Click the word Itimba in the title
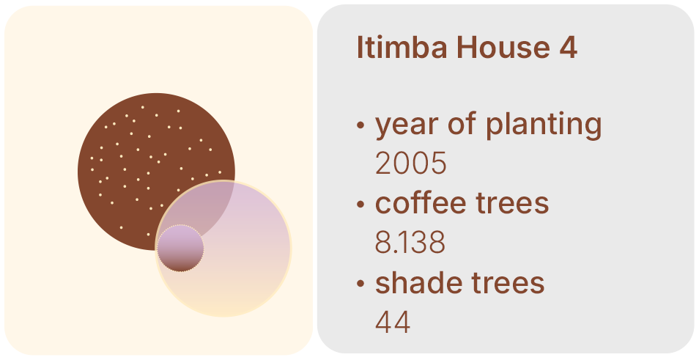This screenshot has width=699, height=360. click(402, 47)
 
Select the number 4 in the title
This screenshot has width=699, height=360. click(569, 47)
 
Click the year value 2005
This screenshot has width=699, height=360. click(410, 164)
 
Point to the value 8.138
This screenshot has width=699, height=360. click(410, 243)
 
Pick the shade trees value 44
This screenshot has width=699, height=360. click(393, 322)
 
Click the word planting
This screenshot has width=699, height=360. click(544, 125)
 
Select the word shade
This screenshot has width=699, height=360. click(417, 282)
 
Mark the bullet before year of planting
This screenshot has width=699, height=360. click(360, 125)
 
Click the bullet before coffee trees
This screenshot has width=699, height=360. click(360, 205)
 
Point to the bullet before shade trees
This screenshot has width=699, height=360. click(360, 284)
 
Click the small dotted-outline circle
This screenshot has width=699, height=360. click(180, 248)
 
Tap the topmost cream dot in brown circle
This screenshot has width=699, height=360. click(143, 107)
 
